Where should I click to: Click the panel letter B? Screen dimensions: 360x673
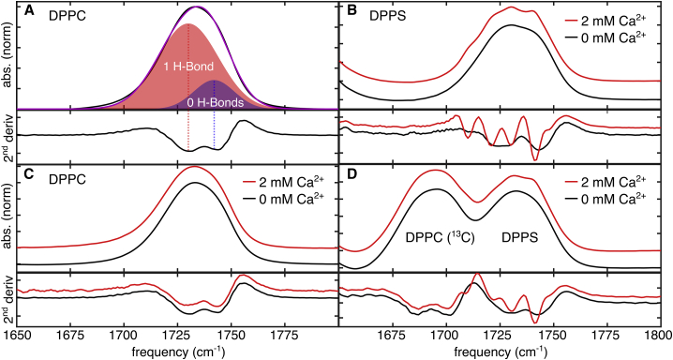tap(346, 13)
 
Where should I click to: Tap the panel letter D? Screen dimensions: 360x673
tap(346, 175)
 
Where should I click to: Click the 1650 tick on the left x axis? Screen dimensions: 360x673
tap(20, 334)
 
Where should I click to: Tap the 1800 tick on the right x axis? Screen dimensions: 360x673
tap(655, 334)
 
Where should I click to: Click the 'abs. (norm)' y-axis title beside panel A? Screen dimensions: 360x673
tap(8, 56)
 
